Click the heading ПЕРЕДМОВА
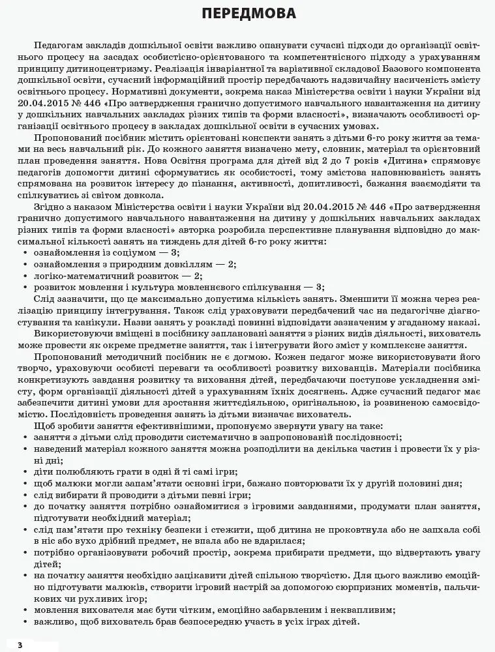[x=248, y=14]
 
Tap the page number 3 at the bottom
[x=20, y=645]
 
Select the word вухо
[x=77, y=540]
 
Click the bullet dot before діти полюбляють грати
[x=24, y=471]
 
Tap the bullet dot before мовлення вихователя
[x=24, y=610]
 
